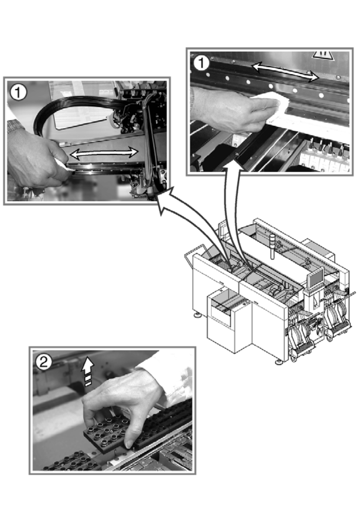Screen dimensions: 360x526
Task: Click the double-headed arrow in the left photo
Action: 105,152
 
